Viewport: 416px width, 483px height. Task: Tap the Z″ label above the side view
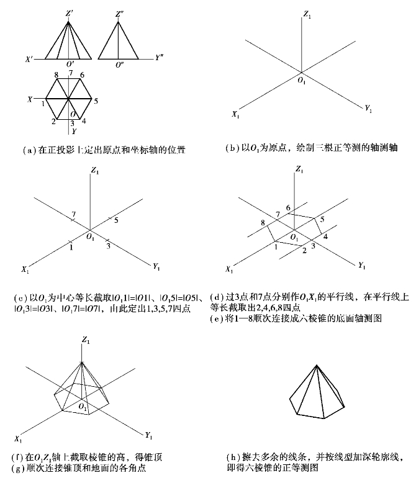click(x=119, y=12)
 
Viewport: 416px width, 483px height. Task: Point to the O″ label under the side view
click(x=119, y=65)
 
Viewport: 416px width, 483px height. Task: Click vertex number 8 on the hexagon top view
click(x=57, y=75)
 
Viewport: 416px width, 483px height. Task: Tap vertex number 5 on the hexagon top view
click(x=96, y=99)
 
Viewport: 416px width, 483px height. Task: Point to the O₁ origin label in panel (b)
click(x=302, y=81)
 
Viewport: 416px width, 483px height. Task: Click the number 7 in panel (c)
click(x=74, y=215)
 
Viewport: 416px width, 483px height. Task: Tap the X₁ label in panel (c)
click(x=25, y=269)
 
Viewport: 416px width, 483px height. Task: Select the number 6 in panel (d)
click(x=287, y=207)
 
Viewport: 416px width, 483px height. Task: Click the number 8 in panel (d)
click(x=264, y=222)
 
